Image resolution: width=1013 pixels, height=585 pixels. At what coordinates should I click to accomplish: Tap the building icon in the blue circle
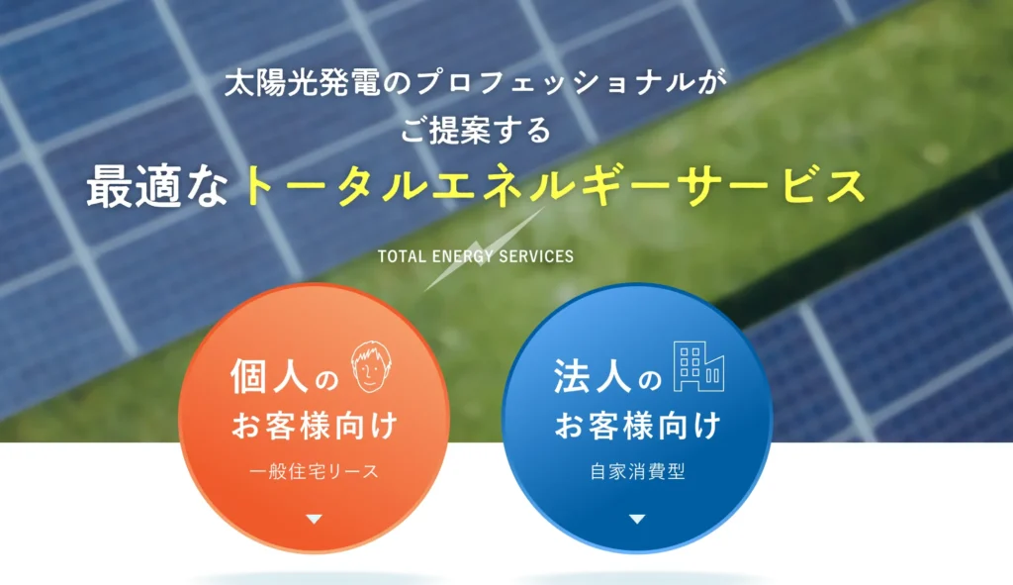pyautogui.click(x=698, y=366)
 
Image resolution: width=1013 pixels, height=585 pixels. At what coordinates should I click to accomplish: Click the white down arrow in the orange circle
pyautogui.click(x=315, y=519)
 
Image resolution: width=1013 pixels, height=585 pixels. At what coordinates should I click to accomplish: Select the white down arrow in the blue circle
pyautogui.click(x=637, y=519)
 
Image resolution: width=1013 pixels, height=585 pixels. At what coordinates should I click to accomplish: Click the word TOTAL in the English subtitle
pyautogui.click(x=402, y=256)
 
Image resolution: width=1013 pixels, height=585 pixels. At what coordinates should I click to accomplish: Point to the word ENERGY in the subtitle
pyautogui.click(x=462, y=256)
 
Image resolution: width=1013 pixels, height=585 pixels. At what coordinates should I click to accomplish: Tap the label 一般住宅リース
pyautogui.click(x=315, y=471)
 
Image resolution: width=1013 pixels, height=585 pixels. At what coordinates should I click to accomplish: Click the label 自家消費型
pyautogui.click(x=637, y=471)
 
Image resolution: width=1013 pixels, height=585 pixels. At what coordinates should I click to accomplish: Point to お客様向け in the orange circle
pyautogui.click(x=315, y=427)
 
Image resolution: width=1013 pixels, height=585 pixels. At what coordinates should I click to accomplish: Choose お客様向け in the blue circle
pyautogui.click(x=637, y=427)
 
